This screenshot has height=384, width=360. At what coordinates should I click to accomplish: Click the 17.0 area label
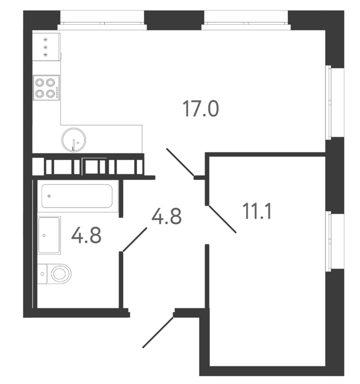pos(201,109)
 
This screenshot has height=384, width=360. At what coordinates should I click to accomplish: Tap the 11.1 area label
pos(257,211)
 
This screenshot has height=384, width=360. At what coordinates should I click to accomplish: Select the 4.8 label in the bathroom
pos(87,235)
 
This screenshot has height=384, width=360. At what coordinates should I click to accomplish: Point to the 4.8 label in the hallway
pos(167,216)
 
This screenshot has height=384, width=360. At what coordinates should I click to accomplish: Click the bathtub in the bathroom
pos(77,196)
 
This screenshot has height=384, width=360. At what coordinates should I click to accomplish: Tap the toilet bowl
pos(61,274)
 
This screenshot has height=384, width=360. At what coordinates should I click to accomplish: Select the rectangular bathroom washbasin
pos(49,235)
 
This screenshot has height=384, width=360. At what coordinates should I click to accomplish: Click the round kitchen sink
pos(73,140)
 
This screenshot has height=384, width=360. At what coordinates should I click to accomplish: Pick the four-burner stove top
pos(46,88)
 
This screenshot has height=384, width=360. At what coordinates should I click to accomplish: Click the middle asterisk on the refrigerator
pos(45,47)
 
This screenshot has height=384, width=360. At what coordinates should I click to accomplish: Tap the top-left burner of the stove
pos(39,82)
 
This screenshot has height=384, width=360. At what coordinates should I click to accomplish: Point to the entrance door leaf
pos(158,332)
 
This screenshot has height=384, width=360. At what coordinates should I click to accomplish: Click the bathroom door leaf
pos(135,240)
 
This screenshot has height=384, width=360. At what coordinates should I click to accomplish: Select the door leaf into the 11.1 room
pos(222,219)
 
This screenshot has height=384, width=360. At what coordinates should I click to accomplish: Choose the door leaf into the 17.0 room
pos(180,162)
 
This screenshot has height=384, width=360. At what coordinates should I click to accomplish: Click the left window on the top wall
pos(102,20)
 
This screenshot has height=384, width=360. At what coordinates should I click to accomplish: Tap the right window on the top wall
pos(246,20)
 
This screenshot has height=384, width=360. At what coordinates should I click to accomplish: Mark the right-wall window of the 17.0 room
pos(335,103)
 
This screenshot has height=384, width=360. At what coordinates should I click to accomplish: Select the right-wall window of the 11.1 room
pos(335,241)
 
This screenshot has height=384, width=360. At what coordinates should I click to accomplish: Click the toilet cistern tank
pos(42,274)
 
